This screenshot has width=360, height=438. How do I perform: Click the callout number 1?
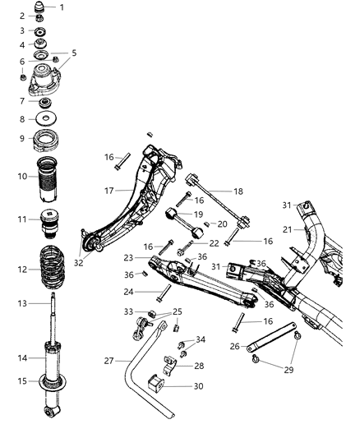tap(60, 7)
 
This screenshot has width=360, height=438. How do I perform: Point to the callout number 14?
tap(22, 357)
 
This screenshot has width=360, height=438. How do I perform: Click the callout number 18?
tap(239, 191)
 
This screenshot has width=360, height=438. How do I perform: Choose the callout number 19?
tap(198, 214)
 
